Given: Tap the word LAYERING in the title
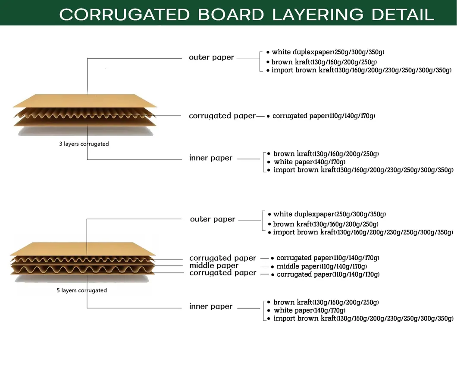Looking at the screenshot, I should tap(318, 15).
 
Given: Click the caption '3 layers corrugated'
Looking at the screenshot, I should tap(84, 144).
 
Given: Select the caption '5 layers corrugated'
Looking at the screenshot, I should tap(81, 290).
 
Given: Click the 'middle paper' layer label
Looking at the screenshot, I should tap(214, 265).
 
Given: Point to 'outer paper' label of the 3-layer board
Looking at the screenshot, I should tap(211, 57).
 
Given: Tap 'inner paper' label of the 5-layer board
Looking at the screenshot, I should tap(211, 306).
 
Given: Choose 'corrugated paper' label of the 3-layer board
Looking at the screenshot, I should tap(222, 115).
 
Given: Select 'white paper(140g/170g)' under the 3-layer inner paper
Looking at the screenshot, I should tap(309, 162).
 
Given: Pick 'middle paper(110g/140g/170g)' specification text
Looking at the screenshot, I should tap(322, 266).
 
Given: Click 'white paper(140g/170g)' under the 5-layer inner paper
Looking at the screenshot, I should tap(309, 310).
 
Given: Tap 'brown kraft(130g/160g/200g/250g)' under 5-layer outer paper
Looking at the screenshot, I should tap(326, 224).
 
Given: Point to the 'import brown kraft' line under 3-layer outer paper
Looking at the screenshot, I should tap(361, 70).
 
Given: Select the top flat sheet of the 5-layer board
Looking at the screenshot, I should tap(82, 249).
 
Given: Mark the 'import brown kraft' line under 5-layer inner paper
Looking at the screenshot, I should tap(363, 318).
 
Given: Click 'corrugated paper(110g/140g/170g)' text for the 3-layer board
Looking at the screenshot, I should tap(324, 116).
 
